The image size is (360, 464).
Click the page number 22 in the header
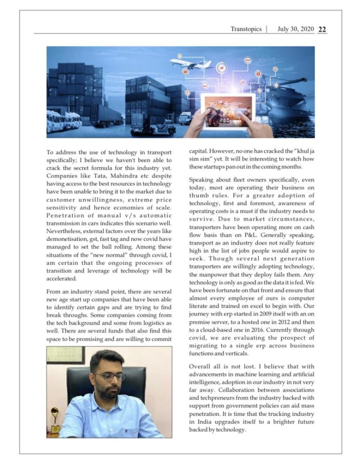point(322,29)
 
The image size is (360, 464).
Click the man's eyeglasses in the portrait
point(109,377)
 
